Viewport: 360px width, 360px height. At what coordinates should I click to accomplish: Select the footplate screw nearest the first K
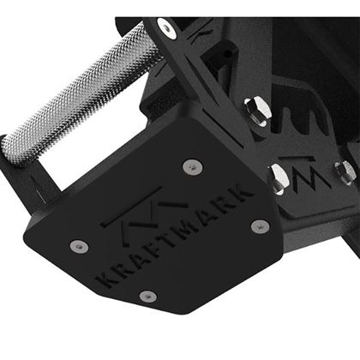(78, 245)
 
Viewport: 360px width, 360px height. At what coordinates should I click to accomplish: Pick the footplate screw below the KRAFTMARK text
(148, 296)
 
